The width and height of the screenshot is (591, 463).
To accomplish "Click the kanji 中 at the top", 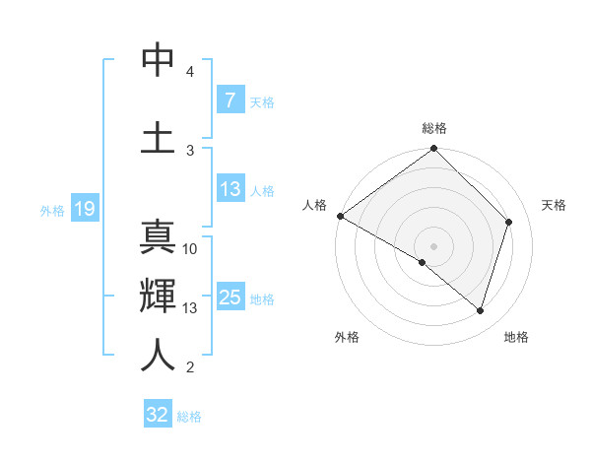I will (x=158, y=61).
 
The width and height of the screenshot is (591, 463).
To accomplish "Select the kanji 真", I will (x=158, y=238).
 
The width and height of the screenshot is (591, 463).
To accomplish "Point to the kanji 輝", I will (x=158, y=297).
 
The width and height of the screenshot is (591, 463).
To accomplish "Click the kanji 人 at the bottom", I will (x=158, y=355).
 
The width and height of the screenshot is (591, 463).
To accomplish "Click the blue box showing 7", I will (x=230, y=100).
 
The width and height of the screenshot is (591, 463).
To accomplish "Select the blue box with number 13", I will (x=230, y=190).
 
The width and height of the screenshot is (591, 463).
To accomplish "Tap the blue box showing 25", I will (x=230, y=298).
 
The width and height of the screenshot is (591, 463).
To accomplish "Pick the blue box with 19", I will (x=85, y=209).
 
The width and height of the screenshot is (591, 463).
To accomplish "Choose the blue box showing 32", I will (x=158, y=415).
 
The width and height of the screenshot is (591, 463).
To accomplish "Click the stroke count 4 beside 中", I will (x=190, y=73).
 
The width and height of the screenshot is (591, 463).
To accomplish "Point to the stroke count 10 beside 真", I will (x=190, y=249).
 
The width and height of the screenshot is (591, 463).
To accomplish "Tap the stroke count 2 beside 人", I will (x=190, y=367).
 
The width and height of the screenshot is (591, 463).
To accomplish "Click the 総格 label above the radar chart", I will (x=434, y=128).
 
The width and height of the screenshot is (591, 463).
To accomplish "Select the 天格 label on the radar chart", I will (x=554, y=205).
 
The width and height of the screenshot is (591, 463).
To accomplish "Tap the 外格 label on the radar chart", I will (x=347, y=337).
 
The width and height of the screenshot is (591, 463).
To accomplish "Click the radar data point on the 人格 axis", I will (x=340, y=216).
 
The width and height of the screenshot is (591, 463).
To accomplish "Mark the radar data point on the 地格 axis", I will (x=481, y=310).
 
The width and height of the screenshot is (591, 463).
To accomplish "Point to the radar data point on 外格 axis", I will (x=423, y=262).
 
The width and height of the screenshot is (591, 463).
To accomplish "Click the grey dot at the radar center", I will (x=434, y=245).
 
